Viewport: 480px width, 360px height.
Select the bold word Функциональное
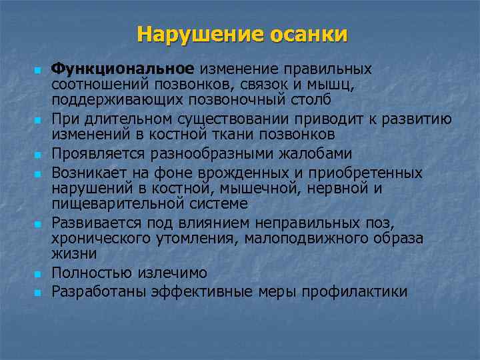[123, 69]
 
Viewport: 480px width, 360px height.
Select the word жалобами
[317, 153]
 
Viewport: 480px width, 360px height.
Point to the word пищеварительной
[115, 203]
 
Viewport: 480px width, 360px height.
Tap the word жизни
[74, 253]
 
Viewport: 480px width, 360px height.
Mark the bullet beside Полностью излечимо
[38, 273]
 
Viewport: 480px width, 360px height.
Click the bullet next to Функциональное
[38, 70]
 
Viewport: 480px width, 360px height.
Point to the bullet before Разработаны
[38, 292]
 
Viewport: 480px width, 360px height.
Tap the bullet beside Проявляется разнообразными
[38, 155]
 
